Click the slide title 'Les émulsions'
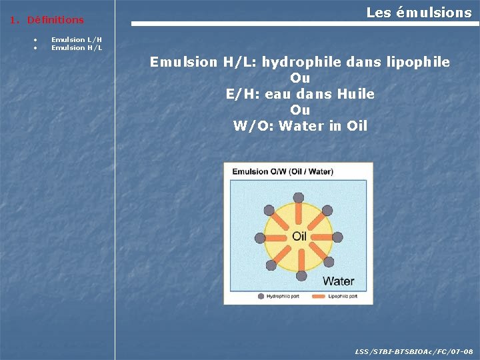pyautogui.click(x=419, y=13)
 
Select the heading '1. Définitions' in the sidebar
pyautogui.click(x=47, y=21)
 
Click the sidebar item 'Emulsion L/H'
pyautogui.click(x=77, y=40)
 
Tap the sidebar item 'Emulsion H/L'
pyautogui.click(x=77, y=48)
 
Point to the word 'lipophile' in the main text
pyautogui.click(x=418, y=63)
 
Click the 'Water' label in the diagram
pyautogui.click(x=339, y=281)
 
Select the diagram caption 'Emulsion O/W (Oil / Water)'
pyautogui.click(x=283, y=172)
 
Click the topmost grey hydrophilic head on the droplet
pyautogui.click(x=301, y=197)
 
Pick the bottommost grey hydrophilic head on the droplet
pyautogui.click(x=301, y=275)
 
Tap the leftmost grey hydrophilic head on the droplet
pyautogui.click(x=261, y=237)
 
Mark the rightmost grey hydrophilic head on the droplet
pyautogui.click(x=338, y=237)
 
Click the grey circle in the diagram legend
pyautogui.click(x=261, y=295)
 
